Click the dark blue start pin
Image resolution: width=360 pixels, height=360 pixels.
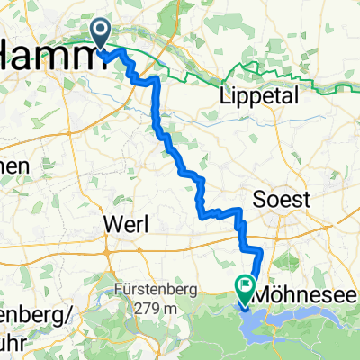pyautogui.click(x=102, y=34)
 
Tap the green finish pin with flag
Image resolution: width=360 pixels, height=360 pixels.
pyautogui.click(x=245, y=288)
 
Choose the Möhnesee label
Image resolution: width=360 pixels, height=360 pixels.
pyautogui.click(x=306, y=294)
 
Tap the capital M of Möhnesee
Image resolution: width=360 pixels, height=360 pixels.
pyautogui.click(x=267, y=294)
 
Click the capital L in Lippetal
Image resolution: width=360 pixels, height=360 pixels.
pyautogui.click(x=224, y=98)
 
